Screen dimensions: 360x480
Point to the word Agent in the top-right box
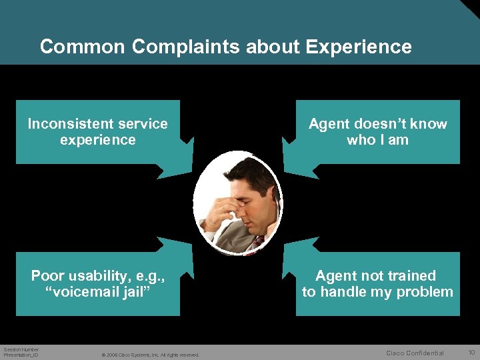[x=331, y=124]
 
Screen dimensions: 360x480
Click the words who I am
[x=377, y=140]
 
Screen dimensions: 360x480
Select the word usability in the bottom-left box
[x=103, y=276]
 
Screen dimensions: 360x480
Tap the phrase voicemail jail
[x=98, y=292]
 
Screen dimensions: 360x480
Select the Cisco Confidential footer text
[x=415, y=353]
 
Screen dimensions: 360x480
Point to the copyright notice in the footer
[x=151, y=355]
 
